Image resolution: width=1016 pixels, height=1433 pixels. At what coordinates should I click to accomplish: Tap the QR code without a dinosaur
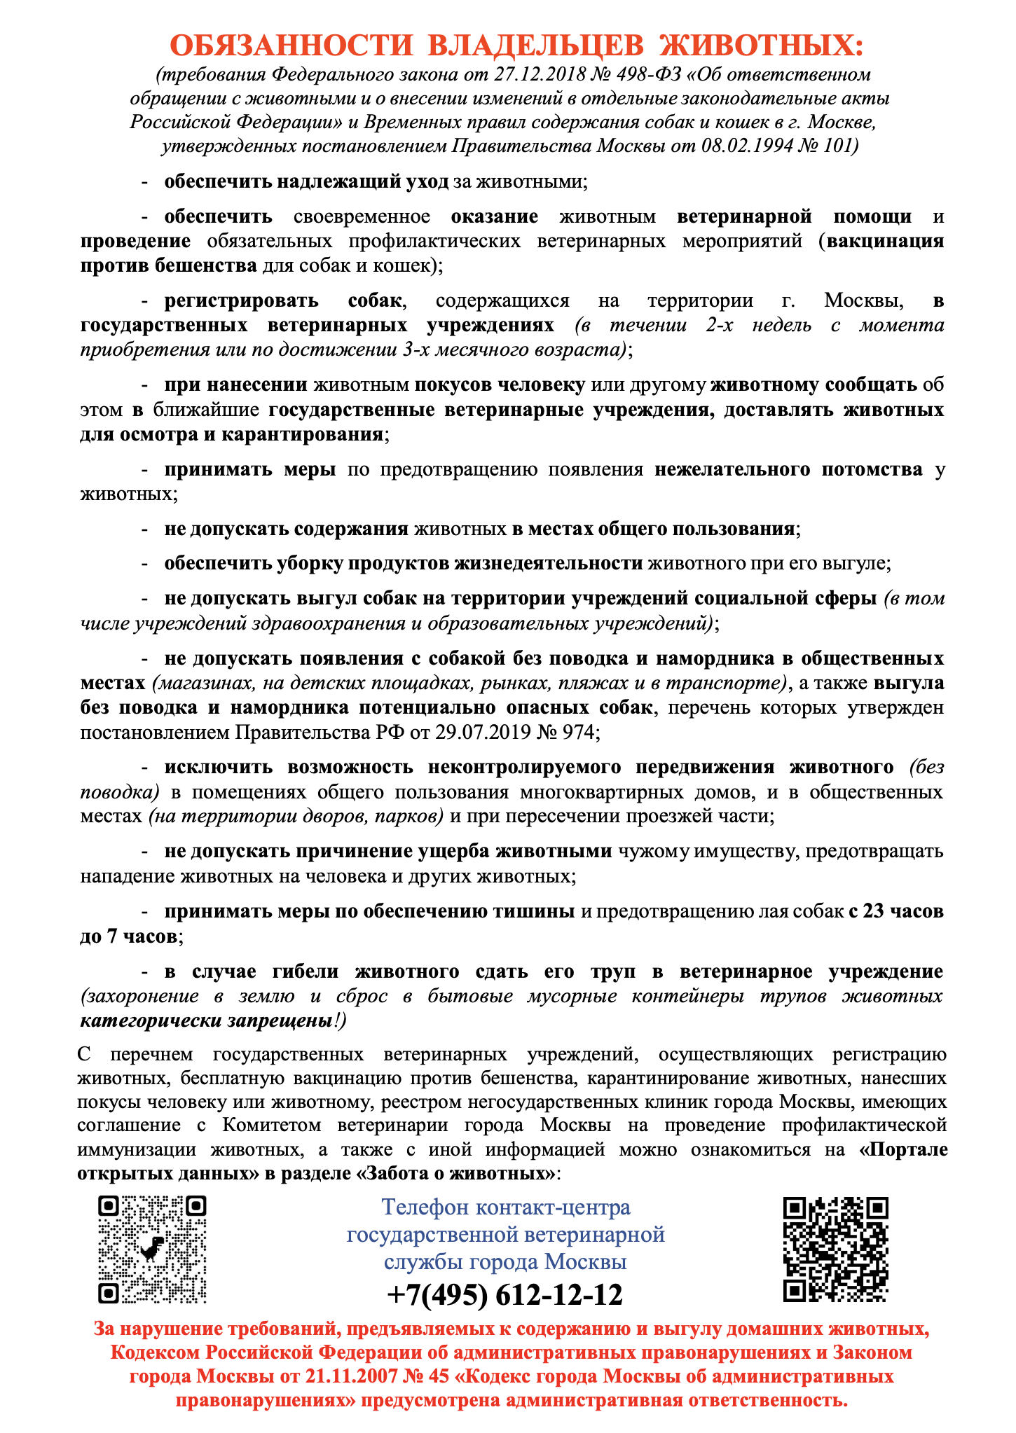point(835,1249)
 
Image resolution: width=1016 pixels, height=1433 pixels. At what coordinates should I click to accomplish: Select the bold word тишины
point(530,911)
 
